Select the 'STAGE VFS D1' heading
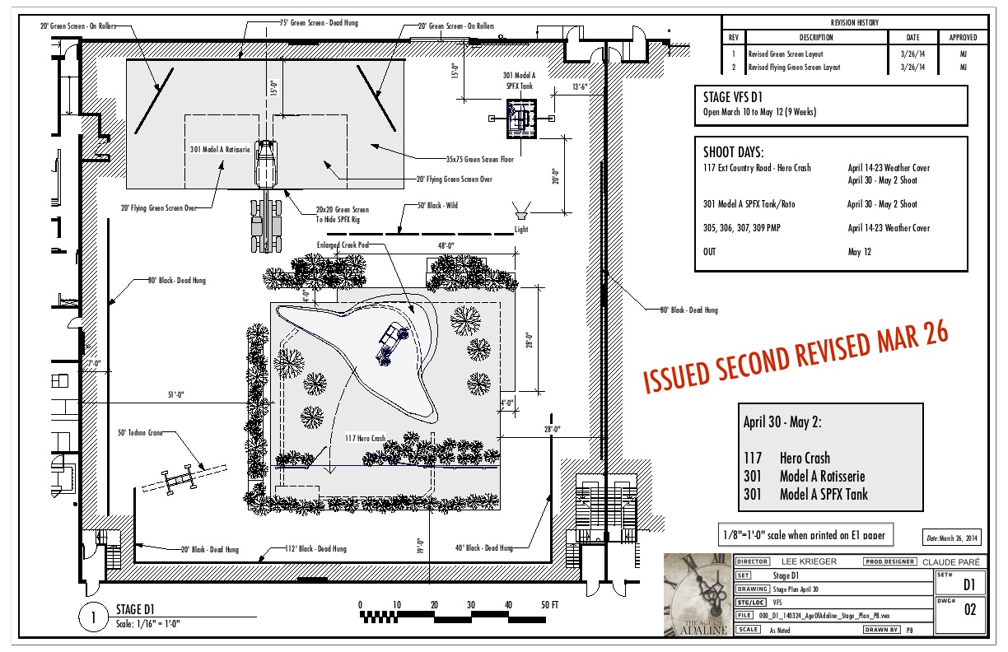pyautogui.click(x=732, y=98)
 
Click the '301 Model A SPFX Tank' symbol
pyautogui.click(x=520, y=118)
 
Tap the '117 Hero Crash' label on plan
pyautogui.click(x=365, y=439)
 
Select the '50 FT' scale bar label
pyautogui.click(x=549, y=606)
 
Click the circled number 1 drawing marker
pyautogui.click(x=93, y=617)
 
